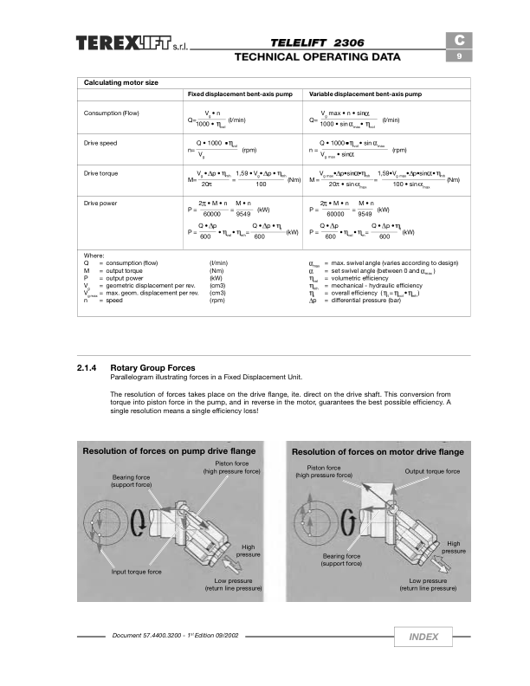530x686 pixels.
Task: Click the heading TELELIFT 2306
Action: coord(315,42)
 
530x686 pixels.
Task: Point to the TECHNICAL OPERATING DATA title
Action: coord(318,57)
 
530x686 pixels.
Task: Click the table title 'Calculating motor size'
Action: coord(120,82)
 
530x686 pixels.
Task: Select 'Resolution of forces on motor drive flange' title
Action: coord(378,452)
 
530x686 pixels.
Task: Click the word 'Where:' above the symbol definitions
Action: coord(94,256)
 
